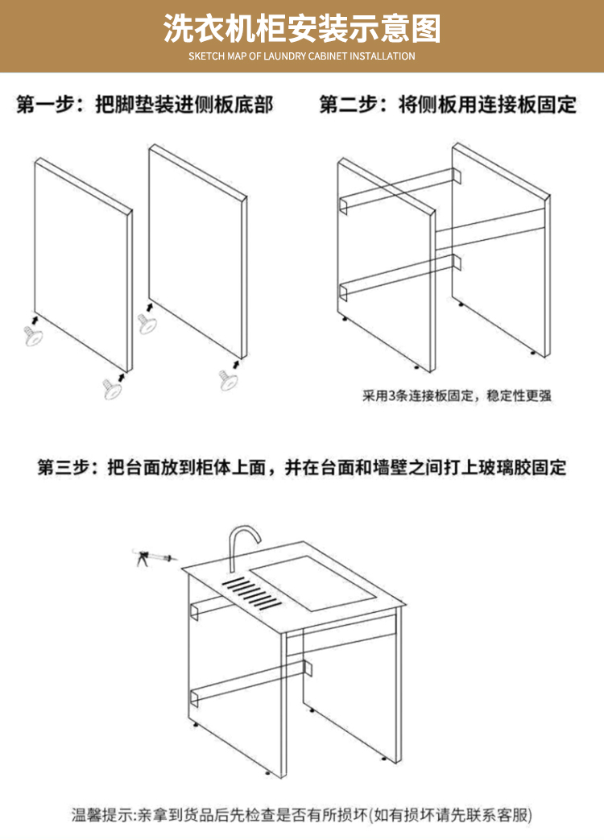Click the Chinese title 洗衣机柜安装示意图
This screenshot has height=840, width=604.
302,29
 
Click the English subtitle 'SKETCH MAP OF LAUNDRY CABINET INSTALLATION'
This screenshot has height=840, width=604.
302,56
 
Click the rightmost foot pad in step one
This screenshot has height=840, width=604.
230,379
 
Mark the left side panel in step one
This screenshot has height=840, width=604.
81,266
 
